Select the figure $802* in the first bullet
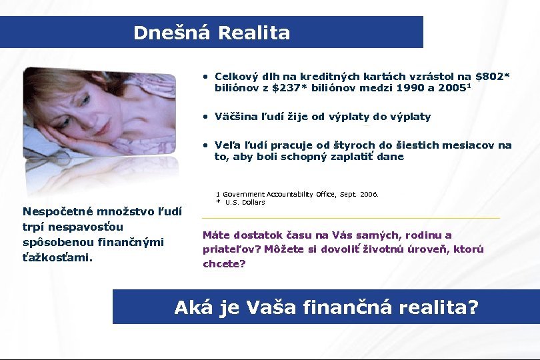[493, 77]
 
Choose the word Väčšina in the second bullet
[237, 117]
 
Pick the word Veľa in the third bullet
[227, 145]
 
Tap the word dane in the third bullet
[391, 157]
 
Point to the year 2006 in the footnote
[369, 195]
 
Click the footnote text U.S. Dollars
[245, 202]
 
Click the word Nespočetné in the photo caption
[57, 212]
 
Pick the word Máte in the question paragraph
[217, 235]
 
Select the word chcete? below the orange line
[224, 264]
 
